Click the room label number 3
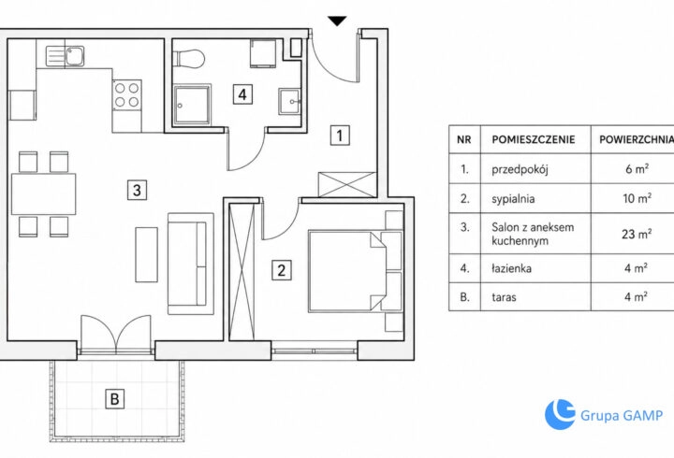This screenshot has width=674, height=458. pyautogui.click(x=137, y=190)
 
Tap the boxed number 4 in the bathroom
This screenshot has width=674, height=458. pyautogui.click(x=242, y=94)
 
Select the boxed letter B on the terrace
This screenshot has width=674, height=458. pyautogui.click(x=115, y=399)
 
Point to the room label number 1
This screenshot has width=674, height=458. pyautogui.click(x=340, y=136)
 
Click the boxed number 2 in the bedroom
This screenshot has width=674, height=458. pyautogui.click(x=282, y=270)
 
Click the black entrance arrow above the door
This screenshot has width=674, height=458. pyautogui.click(x=337, y=21)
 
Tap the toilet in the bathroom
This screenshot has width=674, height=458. pyautogui.click(x=188, y=59)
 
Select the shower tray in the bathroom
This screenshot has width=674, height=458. pyautogui.click(x=193, y=105)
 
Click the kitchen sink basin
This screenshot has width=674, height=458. pyautogui.click(x=75, y=57)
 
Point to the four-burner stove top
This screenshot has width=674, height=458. pyautogui.click(x=126, y=94)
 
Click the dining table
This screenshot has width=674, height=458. pyautogui.click(x=43, y=194)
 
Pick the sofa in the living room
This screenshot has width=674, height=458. pyautogui.click(x=190, y=264)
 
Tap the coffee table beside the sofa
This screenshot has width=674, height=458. pyautogui.click(x=147, y=254)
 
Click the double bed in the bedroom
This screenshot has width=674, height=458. pyautogui.click(x=355, y=271)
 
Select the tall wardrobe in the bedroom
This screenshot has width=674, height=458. pyautogui.click(x=242, y=273)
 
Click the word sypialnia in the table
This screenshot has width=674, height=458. pyautogui.click(x=513, y=199)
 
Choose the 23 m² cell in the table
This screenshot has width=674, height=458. pyautogui.click(x=637, y=234)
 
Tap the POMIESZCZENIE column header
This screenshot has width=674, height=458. pyautogui.click(x=534, y=139)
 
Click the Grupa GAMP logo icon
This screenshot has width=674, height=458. pyautogui.click(x=560, y=414)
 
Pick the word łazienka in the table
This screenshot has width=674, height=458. pyautogui.click(x=511, y=268)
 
